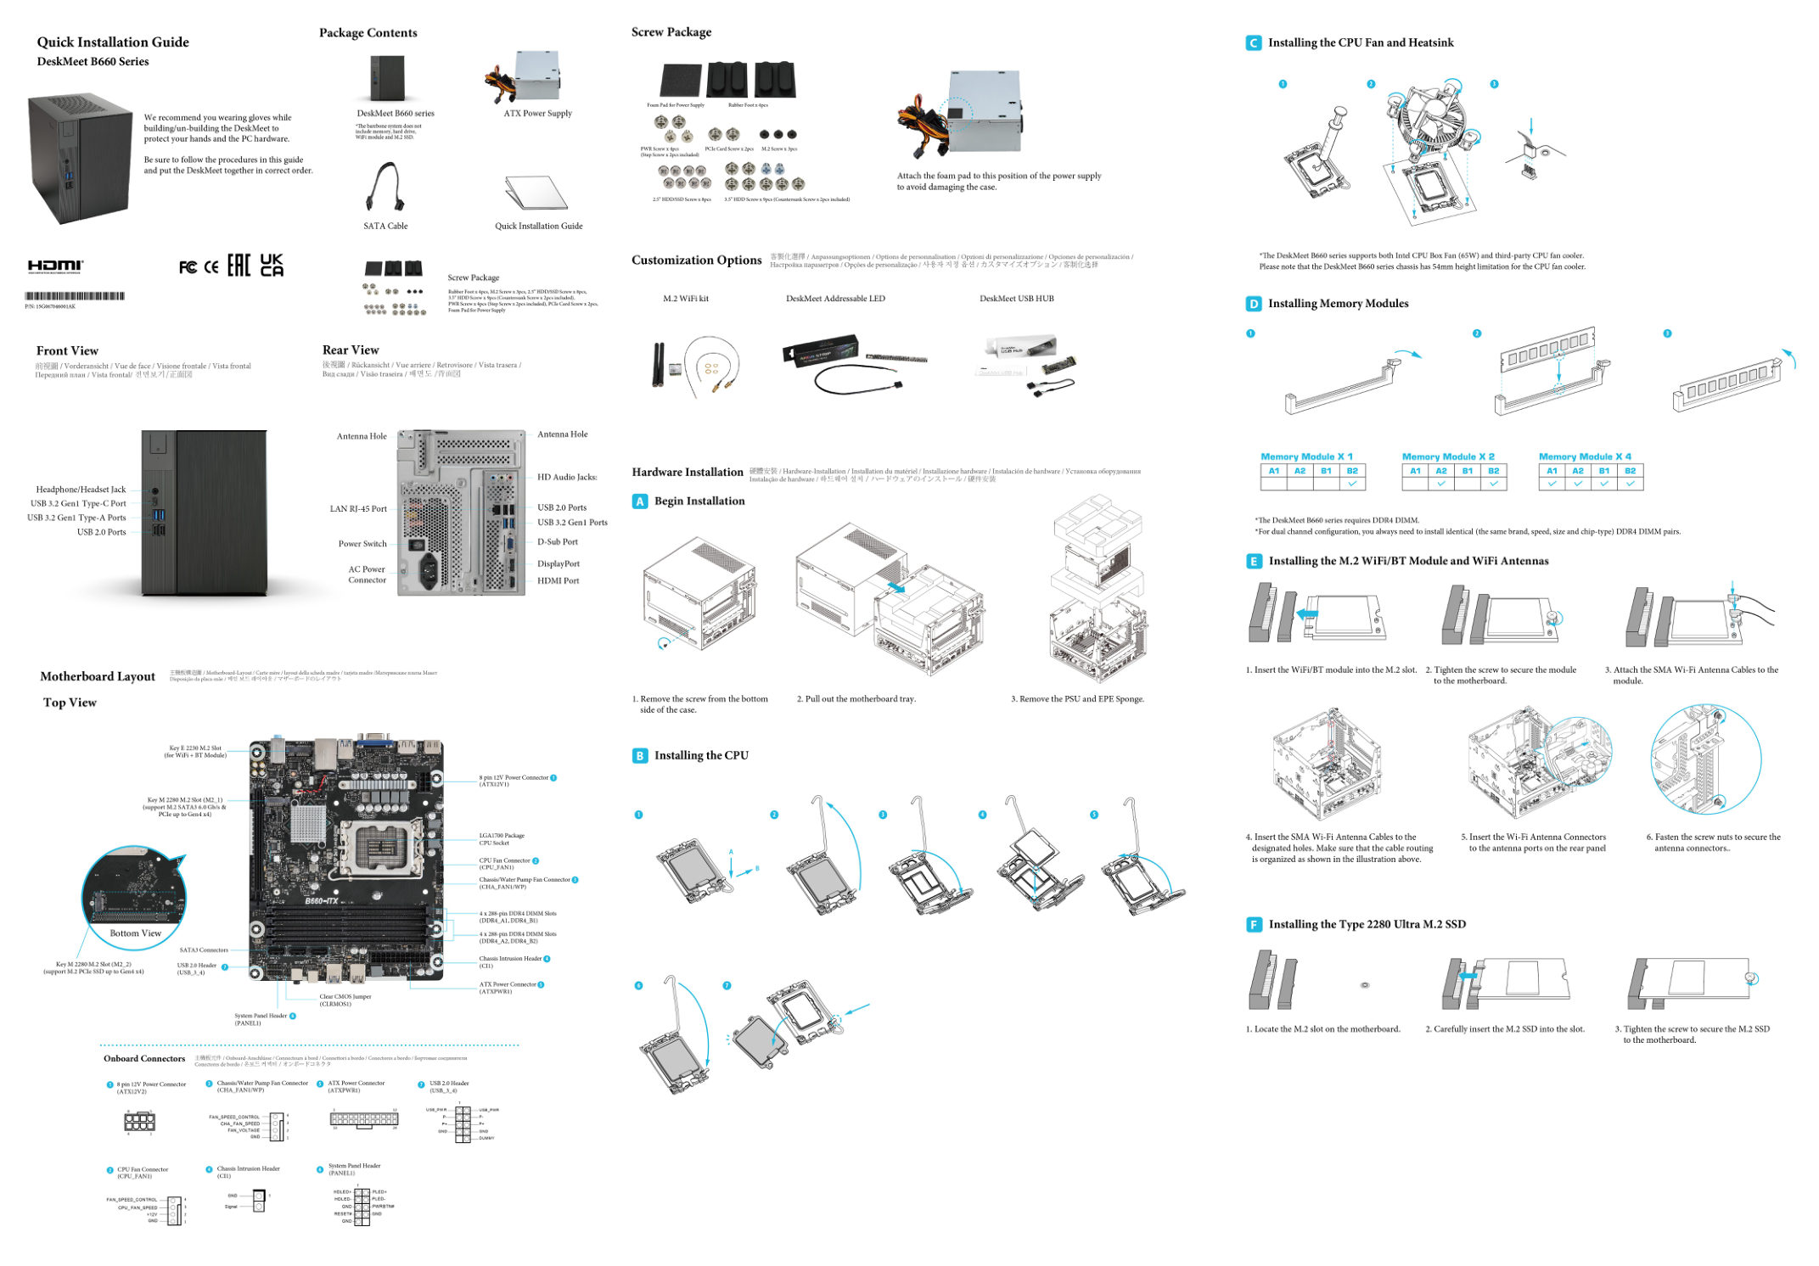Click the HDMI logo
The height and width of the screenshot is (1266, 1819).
56,266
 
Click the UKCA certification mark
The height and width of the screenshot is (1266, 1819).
272,266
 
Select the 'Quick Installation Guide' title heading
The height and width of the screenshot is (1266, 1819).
113,42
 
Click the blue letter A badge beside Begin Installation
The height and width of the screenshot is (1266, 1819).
640,501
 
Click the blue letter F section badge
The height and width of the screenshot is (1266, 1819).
1254,924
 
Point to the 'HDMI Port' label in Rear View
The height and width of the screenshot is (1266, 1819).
558,581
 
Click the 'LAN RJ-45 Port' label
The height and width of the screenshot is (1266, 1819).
357,509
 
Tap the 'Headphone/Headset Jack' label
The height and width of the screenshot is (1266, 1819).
81,490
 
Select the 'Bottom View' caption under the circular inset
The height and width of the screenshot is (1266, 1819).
135,933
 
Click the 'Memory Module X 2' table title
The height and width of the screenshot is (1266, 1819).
1448,457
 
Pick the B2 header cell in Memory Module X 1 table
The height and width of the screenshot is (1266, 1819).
1352,470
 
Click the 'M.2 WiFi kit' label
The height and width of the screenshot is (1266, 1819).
685,299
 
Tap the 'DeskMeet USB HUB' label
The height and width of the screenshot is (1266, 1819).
1016,299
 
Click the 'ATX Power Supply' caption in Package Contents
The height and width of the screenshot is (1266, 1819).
537,114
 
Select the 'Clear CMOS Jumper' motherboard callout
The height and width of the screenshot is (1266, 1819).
345,1000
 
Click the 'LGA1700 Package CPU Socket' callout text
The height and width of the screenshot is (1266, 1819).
502,839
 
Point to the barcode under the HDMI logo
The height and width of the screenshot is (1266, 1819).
75,296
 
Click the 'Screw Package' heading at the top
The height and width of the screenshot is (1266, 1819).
671,32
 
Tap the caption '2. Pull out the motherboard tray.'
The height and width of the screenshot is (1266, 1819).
856,699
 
